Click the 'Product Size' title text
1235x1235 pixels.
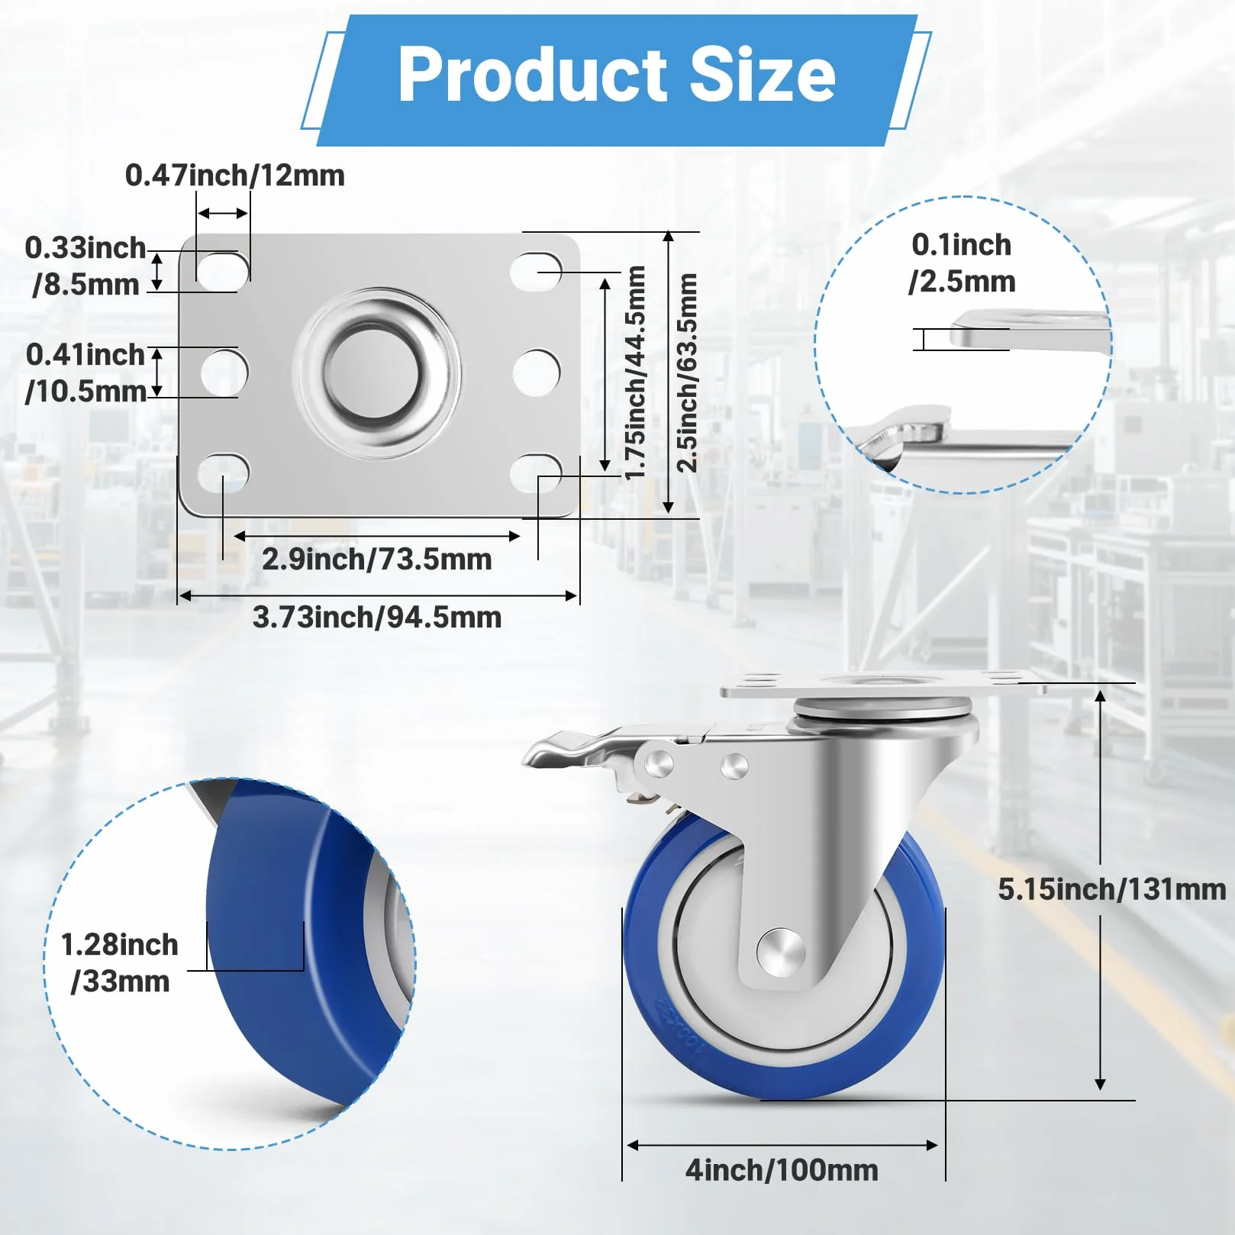click(617, 74)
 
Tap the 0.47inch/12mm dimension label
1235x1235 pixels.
click(235, 176)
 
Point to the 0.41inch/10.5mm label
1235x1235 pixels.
click(85, 372)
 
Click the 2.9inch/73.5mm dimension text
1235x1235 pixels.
click(377, 559)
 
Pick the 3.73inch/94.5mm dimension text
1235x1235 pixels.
click(377, 617)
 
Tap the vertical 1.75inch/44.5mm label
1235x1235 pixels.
click(635, 372)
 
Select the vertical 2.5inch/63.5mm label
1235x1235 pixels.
click(687, 372)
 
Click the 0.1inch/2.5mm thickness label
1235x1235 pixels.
click(962, 263)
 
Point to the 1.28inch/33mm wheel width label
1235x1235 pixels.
click(120, 963)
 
